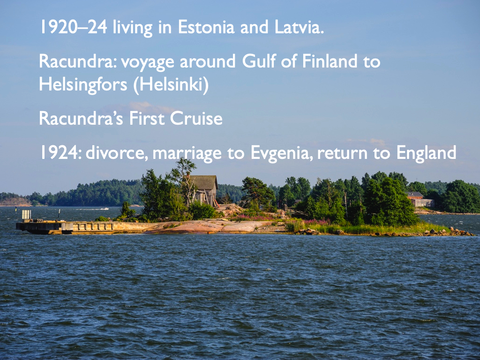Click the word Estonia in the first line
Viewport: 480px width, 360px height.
click(206, 27)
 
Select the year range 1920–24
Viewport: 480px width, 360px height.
click(74, 27)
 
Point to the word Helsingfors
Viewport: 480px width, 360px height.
click(83, 84)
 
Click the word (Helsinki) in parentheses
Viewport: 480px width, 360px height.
click(171, 84)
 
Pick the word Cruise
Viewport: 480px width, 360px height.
click(196, 118)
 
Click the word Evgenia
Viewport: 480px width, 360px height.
click(281, 153)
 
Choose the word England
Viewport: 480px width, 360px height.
click(426, 153)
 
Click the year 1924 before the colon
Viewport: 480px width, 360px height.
click(59, 153)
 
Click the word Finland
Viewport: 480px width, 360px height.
click(330, 61)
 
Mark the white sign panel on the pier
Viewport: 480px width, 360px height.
click(26, 215)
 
